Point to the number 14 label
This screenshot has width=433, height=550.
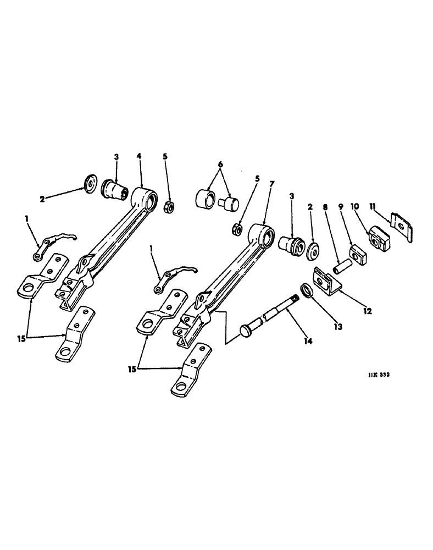click(308, 342)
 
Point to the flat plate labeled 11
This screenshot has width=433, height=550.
click(403, 225)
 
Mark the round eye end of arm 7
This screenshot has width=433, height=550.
click(262, 234)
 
